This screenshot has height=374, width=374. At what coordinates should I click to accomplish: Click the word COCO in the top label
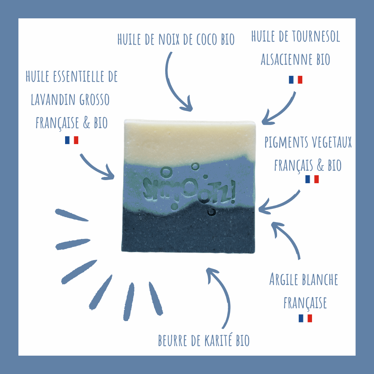(207, 39)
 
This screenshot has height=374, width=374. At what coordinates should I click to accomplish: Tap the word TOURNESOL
(316, 36)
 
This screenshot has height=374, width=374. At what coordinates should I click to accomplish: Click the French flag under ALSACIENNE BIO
(295, 80)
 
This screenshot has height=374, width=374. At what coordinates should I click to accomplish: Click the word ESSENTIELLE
(79, 76)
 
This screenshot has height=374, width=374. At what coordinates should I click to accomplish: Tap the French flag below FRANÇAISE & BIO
(72, 140)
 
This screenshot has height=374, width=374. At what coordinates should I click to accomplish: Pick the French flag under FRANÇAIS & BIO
(312, 179)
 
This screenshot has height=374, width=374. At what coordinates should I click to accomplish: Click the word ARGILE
(284, 279)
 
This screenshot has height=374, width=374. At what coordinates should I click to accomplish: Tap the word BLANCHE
(320, 279)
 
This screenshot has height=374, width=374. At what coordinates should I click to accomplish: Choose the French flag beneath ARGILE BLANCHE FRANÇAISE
(305, 318)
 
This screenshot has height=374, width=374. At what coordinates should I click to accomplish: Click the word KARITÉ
(218, 340)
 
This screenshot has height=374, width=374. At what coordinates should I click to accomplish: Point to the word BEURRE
(173, 340)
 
